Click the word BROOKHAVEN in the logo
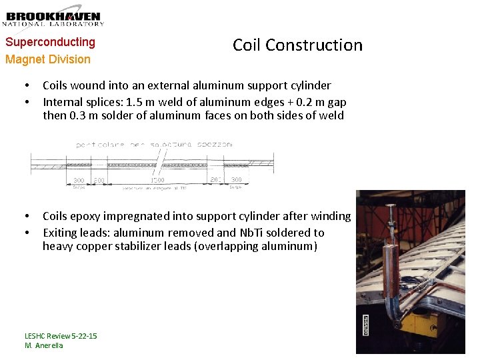[53, 16]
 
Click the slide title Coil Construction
[297, 45]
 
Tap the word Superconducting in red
[51, 42]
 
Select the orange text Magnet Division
[48, 59]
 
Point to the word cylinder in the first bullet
[308, 85]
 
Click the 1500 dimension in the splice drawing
[158, 180]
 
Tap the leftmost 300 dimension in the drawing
[79, 180]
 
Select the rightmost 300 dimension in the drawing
[236, 180]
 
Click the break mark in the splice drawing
[160, 163]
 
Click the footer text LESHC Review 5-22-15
[61, 335]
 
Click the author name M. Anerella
[44, 345]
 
